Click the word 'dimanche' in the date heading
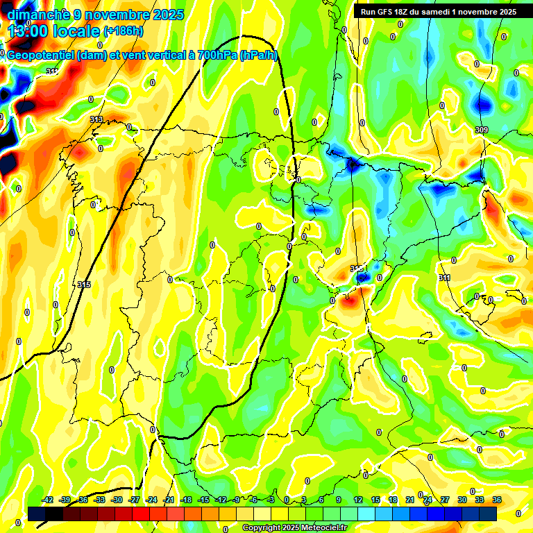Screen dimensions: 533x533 click(38, 14)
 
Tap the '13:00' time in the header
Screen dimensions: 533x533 click(31, 31)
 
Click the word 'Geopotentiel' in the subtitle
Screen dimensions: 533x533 click(40, 56)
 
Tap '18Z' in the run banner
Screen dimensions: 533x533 click(403, 12)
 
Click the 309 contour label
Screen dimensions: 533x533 click(482, 130)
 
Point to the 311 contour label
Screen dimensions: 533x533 click(444, 278)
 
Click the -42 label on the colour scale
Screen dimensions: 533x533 click(48, 500)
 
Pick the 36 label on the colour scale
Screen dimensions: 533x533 click(497, 500)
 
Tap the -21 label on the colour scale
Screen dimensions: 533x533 click(169, 500)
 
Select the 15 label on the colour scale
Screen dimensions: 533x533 click(375, 500)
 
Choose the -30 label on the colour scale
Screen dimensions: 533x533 click(117, 500)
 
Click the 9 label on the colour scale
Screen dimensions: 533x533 click(339, 500)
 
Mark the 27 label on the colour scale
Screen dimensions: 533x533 click(444, 500)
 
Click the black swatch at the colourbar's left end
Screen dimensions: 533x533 click(37, 514)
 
